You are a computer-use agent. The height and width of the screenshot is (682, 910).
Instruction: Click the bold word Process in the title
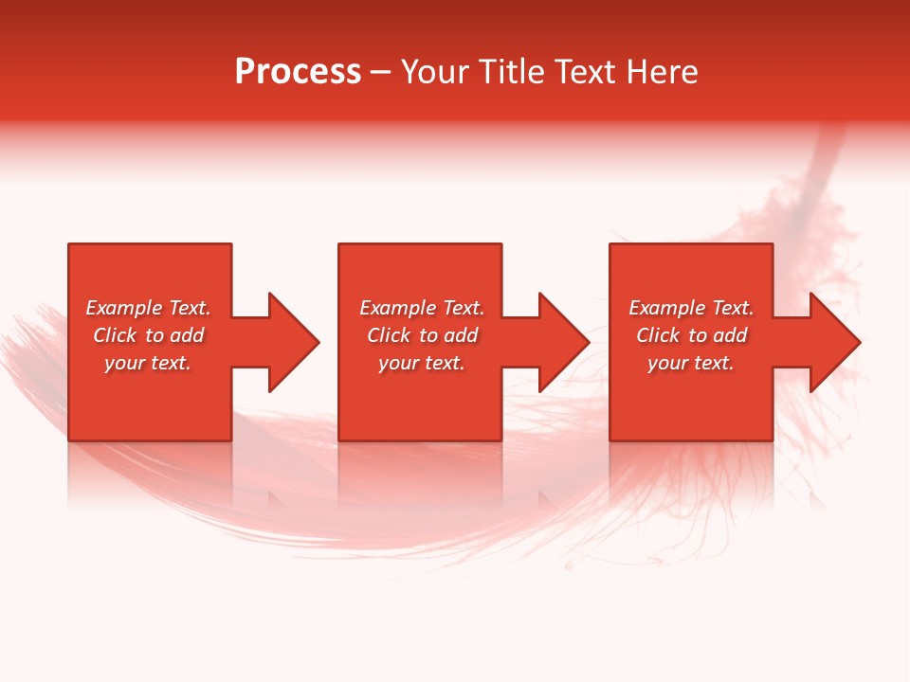[x=298, y=72]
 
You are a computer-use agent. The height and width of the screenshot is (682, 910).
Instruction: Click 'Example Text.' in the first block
[x=148, y=308]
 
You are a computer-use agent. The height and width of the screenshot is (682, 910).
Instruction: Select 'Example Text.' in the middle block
[x=422, y=308]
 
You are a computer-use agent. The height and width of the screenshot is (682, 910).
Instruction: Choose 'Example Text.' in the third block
[x=691, y=308]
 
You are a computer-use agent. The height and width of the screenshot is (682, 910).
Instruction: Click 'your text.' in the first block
[x=148, y=363]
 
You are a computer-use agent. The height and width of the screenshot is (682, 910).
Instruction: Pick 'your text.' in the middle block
[x=422, y=363]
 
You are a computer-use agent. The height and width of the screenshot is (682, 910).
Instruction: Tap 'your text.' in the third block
[x=691, y=363]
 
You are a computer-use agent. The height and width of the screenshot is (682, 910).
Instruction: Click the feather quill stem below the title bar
[x=826, y=161]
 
